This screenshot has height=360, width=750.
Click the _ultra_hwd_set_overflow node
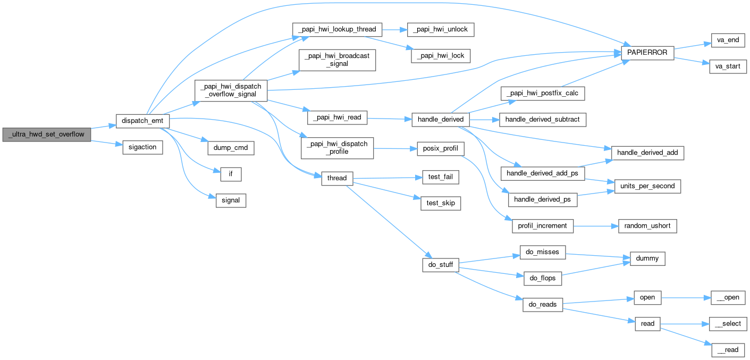46,135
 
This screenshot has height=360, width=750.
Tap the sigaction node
142,147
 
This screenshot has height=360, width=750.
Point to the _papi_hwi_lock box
441,56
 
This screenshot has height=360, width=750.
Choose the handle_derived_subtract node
544,120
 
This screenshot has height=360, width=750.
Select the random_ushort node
647,226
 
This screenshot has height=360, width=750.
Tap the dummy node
647,258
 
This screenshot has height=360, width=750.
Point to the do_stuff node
440,264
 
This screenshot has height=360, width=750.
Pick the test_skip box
441,203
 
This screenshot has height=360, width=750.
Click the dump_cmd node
230,147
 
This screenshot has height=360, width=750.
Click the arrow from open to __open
686,298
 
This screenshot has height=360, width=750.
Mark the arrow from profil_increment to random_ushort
595,226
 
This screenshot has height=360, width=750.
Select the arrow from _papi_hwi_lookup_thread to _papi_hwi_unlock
394,30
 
